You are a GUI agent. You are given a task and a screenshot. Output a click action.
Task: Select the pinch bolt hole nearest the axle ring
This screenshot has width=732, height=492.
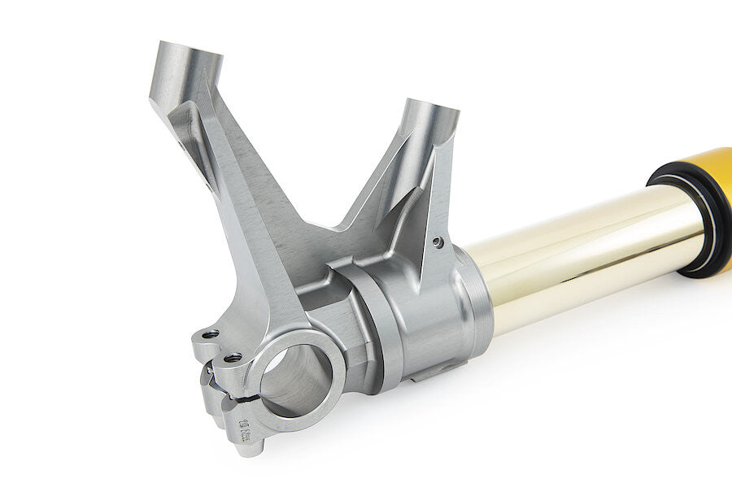click(x=232, y=357)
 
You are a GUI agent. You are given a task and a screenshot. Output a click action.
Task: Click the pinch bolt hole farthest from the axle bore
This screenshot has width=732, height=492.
click(x=209, y=334)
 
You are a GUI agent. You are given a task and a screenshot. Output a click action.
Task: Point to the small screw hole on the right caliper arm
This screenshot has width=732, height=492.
click(x=438, y=242)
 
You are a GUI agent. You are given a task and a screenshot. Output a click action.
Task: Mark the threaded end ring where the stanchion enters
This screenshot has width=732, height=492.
click(x=476, y=301)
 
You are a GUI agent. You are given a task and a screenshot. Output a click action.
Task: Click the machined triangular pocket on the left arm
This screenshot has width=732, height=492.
click(x=195, y=146)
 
